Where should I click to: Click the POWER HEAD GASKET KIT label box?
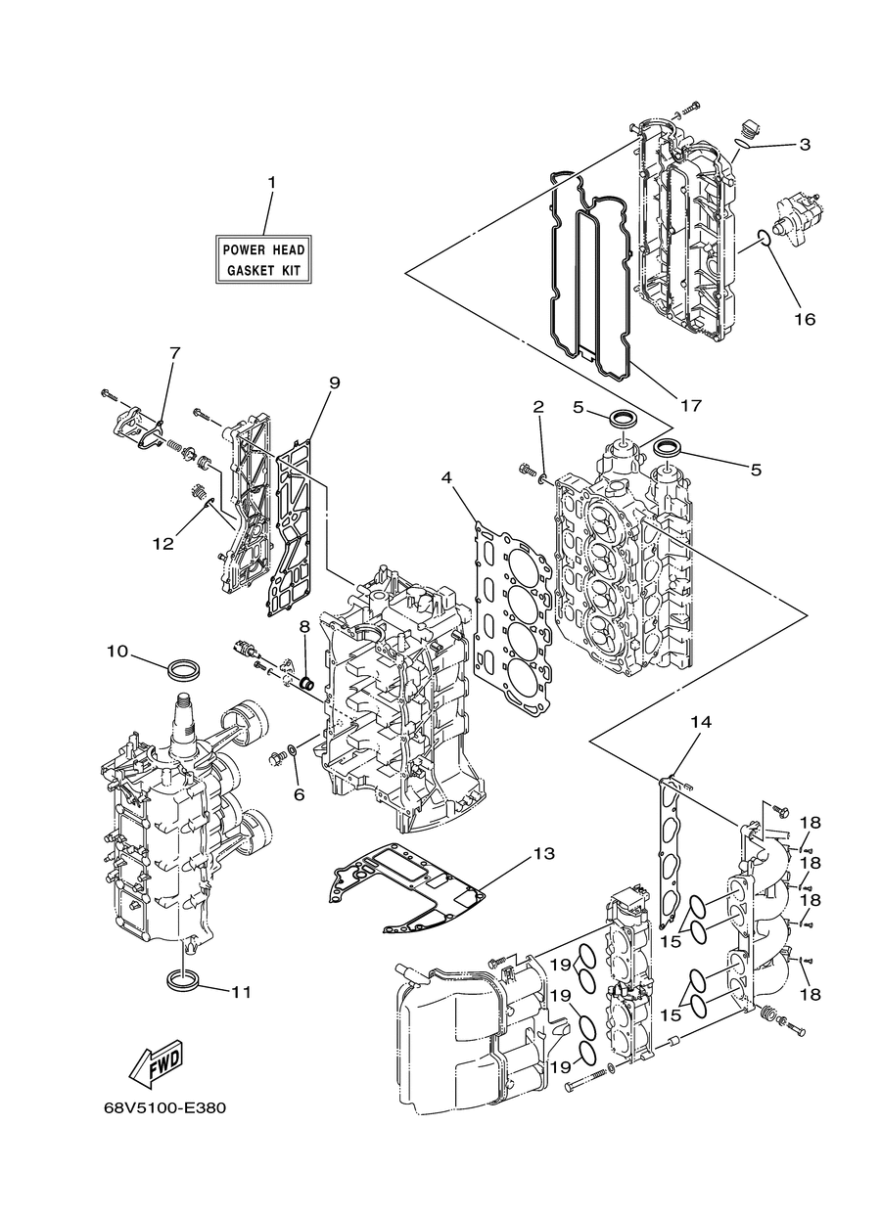pos(263,259)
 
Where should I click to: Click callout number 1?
pos(271,182)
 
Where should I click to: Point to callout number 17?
pos(691,405)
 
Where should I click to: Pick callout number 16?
pos(805,319)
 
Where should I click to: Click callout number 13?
pos(543,853)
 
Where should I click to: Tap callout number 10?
pos(116,651)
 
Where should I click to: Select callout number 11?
pos(241,992)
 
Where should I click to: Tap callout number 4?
pos(446,477)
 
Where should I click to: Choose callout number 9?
pos(335,383)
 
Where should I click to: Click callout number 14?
pos(701,722)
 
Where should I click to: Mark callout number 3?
pos(805,145)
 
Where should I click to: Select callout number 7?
pos(174,352)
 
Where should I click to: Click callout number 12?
pos(162,543)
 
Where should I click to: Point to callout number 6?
pos(300,794)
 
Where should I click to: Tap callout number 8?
pos(304,626)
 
